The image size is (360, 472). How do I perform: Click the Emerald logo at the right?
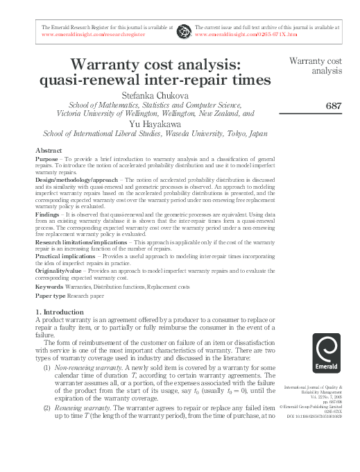pos(326,354)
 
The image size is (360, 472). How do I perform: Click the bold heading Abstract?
pos(49,151)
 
